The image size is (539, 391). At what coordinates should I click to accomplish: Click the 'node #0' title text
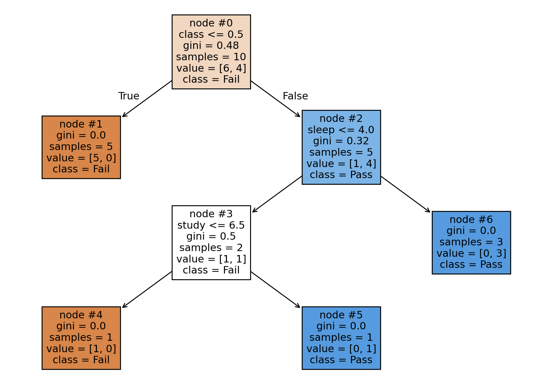pyautogui.click(x=211, y=23)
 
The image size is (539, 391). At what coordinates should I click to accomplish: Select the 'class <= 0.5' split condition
pyautogui.click(x=211, y=34)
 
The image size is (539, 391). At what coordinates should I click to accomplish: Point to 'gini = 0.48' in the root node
pyautogui.click(x=211, y=46)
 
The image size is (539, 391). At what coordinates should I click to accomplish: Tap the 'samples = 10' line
pyautogui.click(x=211, y=57)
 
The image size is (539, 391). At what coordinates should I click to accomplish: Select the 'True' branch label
pyautogui.click(x=129, y=96)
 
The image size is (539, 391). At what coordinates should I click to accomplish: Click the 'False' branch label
pyautogui.click(x=295, y=96)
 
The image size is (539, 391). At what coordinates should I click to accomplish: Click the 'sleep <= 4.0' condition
pyautogui.click(x=341, y=130)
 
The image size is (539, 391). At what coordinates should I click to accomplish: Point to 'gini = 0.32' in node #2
pyautogui.click(x=341, y=141)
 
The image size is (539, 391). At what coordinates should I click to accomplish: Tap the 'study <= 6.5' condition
pyautogui.click(x=211, y=225)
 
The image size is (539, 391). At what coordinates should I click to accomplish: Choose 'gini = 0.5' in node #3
pyautogui.click(x=211, y=236)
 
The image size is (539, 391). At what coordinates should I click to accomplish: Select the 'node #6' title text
pyautogui.click(x=471, y=220)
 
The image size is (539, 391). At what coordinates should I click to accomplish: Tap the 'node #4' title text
pyautogui.click(x=81, y=315)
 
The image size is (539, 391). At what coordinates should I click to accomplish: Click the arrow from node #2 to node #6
pyautogui.click(x=406, y=194)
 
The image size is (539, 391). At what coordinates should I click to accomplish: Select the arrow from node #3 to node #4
pyautogui.click(x=147, y=290)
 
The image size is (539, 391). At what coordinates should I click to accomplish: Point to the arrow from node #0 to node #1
pyautogui.click(x=147, y=99)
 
